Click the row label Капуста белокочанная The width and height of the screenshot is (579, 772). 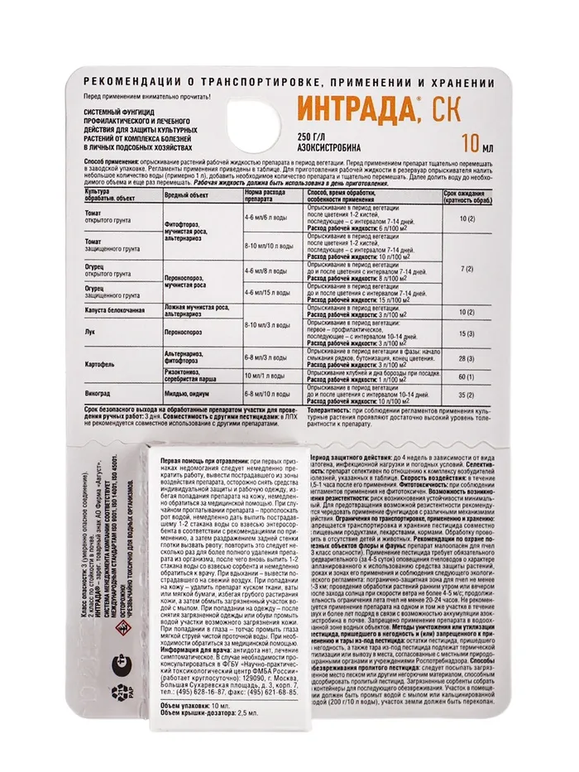click(117, 309)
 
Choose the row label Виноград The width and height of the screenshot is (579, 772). click(98, 395)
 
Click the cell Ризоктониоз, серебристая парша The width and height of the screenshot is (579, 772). click(196, 376)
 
